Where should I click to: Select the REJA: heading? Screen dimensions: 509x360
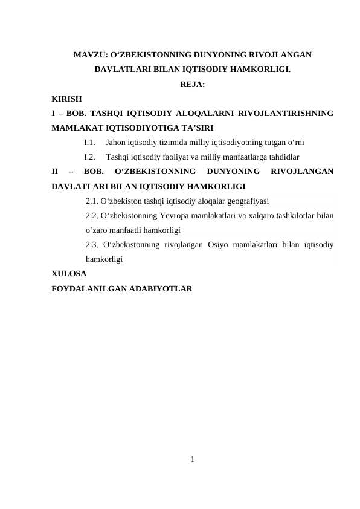coord(193,84)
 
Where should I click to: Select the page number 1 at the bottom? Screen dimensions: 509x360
coord(192,460)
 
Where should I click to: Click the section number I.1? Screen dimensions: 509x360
coord(90,143)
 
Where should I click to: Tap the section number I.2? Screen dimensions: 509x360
coord(90,157)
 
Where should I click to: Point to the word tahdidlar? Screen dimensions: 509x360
coord(282,157)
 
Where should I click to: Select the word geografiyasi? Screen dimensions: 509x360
coord(246,201)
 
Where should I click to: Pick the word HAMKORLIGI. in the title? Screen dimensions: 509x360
coord(260,70)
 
